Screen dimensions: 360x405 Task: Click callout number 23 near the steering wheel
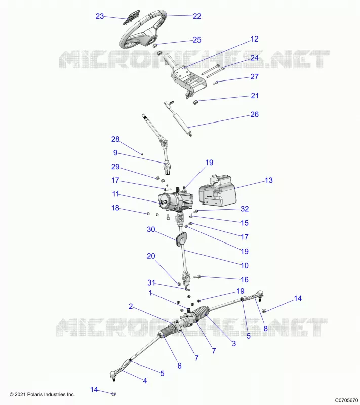pos(100,16)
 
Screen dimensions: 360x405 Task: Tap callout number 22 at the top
pos(197,16)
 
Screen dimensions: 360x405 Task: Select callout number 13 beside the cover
pos(268,180)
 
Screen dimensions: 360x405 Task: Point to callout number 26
pos(254,114)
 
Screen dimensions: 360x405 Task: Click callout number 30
pos(151,229)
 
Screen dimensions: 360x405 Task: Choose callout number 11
pos(115,194)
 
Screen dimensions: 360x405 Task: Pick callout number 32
pos(245,209)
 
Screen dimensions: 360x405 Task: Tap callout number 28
pos(115,139)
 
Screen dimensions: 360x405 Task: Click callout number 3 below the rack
pos(234,343)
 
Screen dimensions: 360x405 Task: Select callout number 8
pos(265,329)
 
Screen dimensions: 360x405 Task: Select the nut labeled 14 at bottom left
pos(113,394)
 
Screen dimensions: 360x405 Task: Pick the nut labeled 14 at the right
pos(264,311)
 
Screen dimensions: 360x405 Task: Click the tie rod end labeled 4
pos(119,370)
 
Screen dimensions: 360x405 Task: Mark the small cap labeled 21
pos(195,102)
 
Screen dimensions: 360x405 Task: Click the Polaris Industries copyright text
pos(42,394)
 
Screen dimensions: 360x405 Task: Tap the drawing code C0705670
pos(346,400)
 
